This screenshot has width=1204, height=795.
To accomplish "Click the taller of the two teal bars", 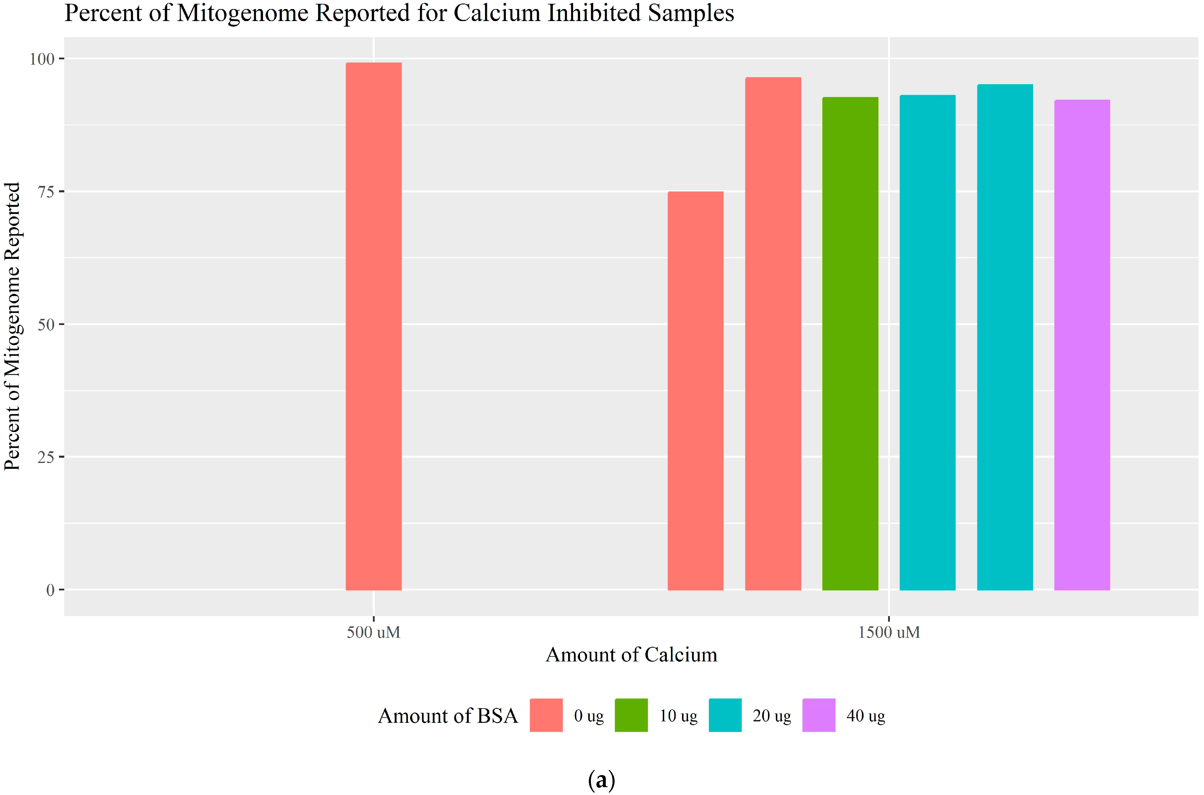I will click(1004, 337).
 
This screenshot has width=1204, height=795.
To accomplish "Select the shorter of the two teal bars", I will click(927, 342).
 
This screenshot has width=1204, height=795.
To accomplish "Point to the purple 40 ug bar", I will click(1082, 345).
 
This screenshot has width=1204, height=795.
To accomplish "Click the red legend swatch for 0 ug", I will click(546, 715).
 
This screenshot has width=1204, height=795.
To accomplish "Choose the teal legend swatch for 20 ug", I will click(725, 715).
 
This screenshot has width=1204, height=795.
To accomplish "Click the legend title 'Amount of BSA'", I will click(448, 715).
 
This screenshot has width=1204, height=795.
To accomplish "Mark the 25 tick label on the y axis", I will click(46, 457).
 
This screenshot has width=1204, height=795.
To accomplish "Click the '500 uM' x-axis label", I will click(374, 632).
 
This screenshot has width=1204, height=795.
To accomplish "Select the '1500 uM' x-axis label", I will click(889, 632).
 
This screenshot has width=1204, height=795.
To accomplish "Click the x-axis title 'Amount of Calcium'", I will click(631, 654).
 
